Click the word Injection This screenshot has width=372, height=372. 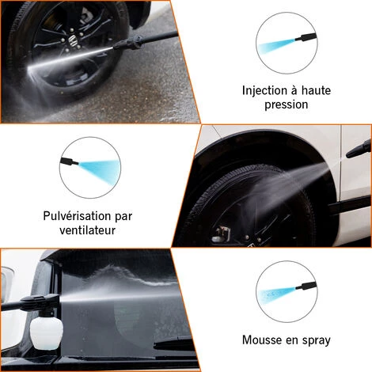pos(264,90)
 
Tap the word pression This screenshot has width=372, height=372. pos(287,104)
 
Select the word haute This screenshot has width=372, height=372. pos(316,90)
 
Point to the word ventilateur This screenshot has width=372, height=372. pos(87,230)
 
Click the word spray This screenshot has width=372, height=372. pos(317,340)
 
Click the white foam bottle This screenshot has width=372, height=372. pos(47,331)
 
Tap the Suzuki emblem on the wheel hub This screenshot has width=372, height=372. pos(71,40)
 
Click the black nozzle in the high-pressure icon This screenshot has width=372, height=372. pos(306,37)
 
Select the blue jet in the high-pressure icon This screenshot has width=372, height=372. pos(276,46)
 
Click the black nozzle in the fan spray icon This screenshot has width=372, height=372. pos(70,161)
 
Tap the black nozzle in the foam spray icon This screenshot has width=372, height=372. pos(306,287)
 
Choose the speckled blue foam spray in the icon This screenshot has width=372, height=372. pos(276,294)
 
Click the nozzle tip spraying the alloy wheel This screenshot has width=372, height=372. pos(117,47)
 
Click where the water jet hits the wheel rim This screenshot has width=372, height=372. pos(29,69)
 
